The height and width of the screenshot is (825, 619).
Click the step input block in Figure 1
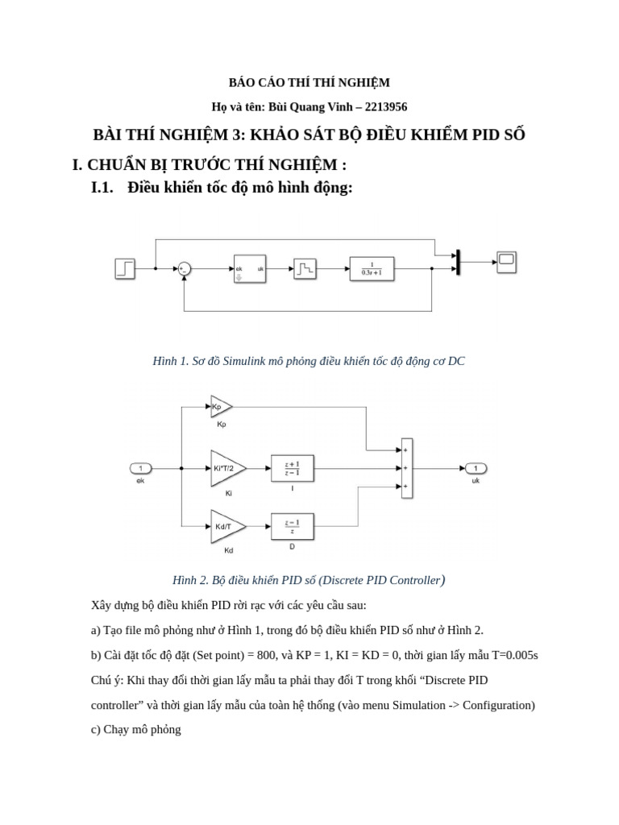pos(125,268)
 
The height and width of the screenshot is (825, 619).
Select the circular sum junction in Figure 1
pos(184,269)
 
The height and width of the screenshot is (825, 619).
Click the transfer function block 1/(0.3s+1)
pos(372,268)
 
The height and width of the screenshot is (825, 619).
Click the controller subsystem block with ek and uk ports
pos(249,268)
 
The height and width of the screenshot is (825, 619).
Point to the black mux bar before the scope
pos(458,262)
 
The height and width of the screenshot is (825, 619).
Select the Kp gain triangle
pos(220,407)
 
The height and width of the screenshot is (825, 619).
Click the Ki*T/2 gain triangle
pos(226,468)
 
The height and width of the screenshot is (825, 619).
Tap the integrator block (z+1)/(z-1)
pos(292,468)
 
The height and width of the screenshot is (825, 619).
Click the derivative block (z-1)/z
pos(292,526)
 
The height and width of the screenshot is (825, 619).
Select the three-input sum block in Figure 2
pos(406,468)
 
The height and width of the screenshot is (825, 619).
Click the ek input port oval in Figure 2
pos(140,468)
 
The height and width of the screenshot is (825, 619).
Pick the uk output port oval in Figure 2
pos(475,468)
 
